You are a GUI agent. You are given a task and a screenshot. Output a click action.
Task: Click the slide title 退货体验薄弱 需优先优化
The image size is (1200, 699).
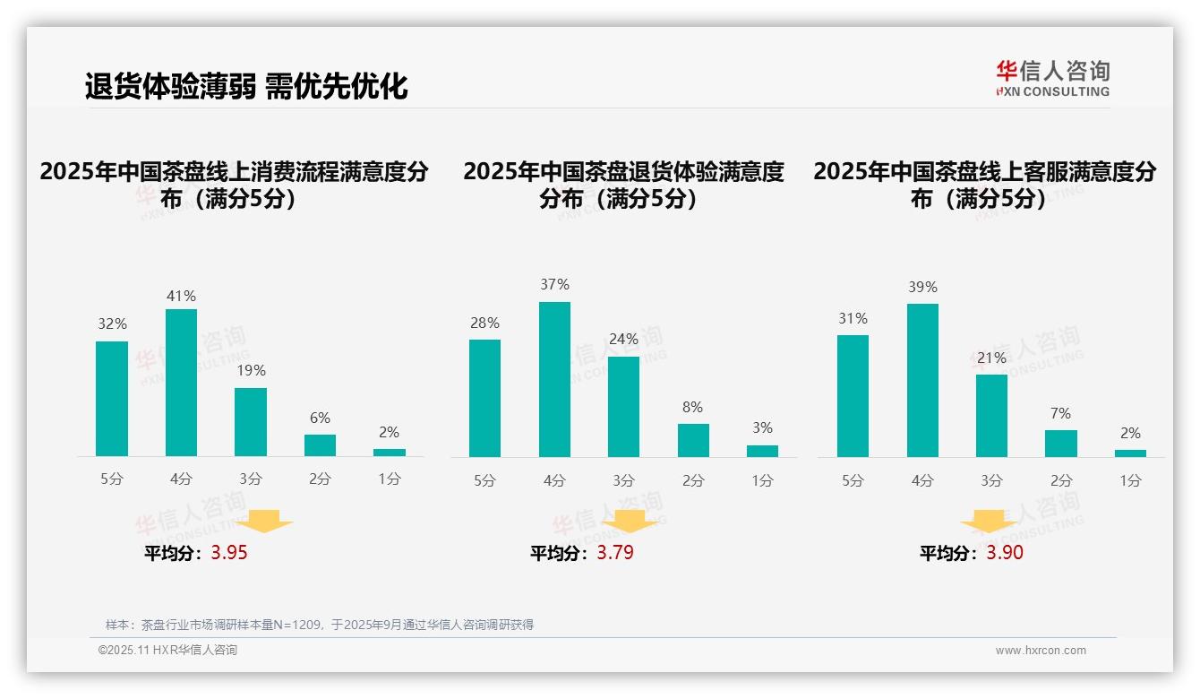point(246,86)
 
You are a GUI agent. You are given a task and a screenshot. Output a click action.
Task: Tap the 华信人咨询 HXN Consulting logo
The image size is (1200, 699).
point(1052,78)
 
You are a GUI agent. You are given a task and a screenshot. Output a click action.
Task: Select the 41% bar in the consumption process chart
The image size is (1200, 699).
point(181,383)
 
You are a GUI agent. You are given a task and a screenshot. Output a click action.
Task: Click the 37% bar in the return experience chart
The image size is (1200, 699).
point(554,379)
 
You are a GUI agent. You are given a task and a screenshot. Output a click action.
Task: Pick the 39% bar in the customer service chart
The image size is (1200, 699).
point(922,380)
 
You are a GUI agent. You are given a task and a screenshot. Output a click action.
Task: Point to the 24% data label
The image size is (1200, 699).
point(623,340)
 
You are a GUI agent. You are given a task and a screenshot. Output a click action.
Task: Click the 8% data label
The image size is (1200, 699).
point(693,407)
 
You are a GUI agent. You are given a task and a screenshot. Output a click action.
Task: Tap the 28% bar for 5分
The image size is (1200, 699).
point(484,398)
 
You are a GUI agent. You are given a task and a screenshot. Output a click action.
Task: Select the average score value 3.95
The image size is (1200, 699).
point(229,553)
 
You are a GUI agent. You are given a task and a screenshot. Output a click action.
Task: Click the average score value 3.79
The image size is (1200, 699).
point(615,553)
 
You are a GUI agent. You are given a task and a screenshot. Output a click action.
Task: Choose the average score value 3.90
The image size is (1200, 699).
point(1005,553)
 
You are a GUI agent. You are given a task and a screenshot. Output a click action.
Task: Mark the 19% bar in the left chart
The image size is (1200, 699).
point(251,422)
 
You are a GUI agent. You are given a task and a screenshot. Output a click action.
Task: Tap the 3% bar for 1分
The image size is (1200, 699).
point(762,451)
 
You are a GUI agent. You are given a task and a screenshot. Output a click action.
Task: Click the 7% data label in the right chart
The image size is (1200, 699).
point(1061,413)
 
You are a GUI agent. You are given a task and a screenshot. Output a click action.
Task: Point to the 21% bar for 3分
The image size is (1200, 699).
point(991,416)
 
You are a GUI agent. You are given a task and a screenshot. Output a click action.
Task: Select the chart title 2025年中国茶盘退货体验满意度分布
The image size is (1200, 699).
point(623,185)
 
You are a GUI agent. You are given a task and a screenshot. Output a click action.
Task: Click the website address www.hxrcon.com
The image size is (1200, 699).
point(1041,651)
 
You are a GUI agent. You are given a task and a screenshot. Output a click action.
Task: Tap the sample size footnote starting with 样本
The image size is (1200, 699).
point(319,625)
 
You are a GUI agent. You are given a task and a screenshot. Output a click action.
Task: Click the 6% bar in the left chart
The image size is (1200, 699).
point(320,445)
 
